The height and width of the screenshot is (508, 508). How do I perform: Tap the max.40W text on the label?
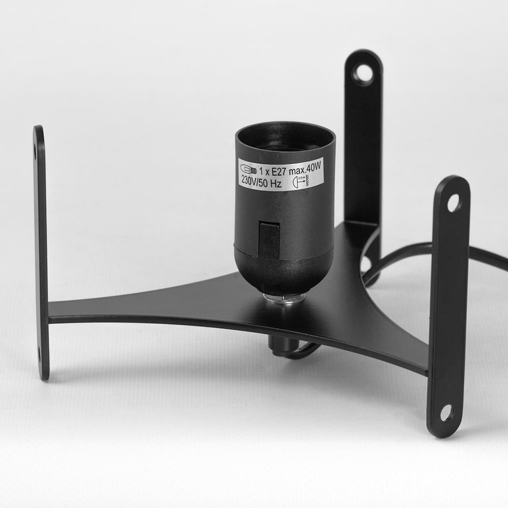point(306,168)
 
